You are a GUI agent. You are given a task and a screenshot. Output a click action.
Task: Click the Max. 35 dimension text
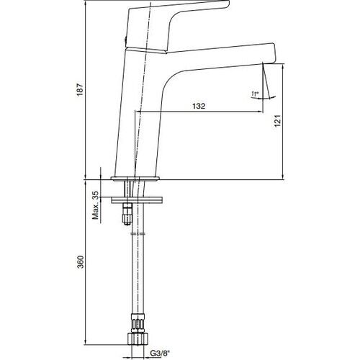(x=94, y=206)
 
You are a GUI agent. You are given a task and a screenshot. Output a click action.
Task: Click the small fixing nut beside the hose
(x=128, y=213)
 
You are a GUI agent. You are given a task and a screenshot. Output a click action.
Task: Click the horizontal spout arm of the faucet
(x=216, y=58)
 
